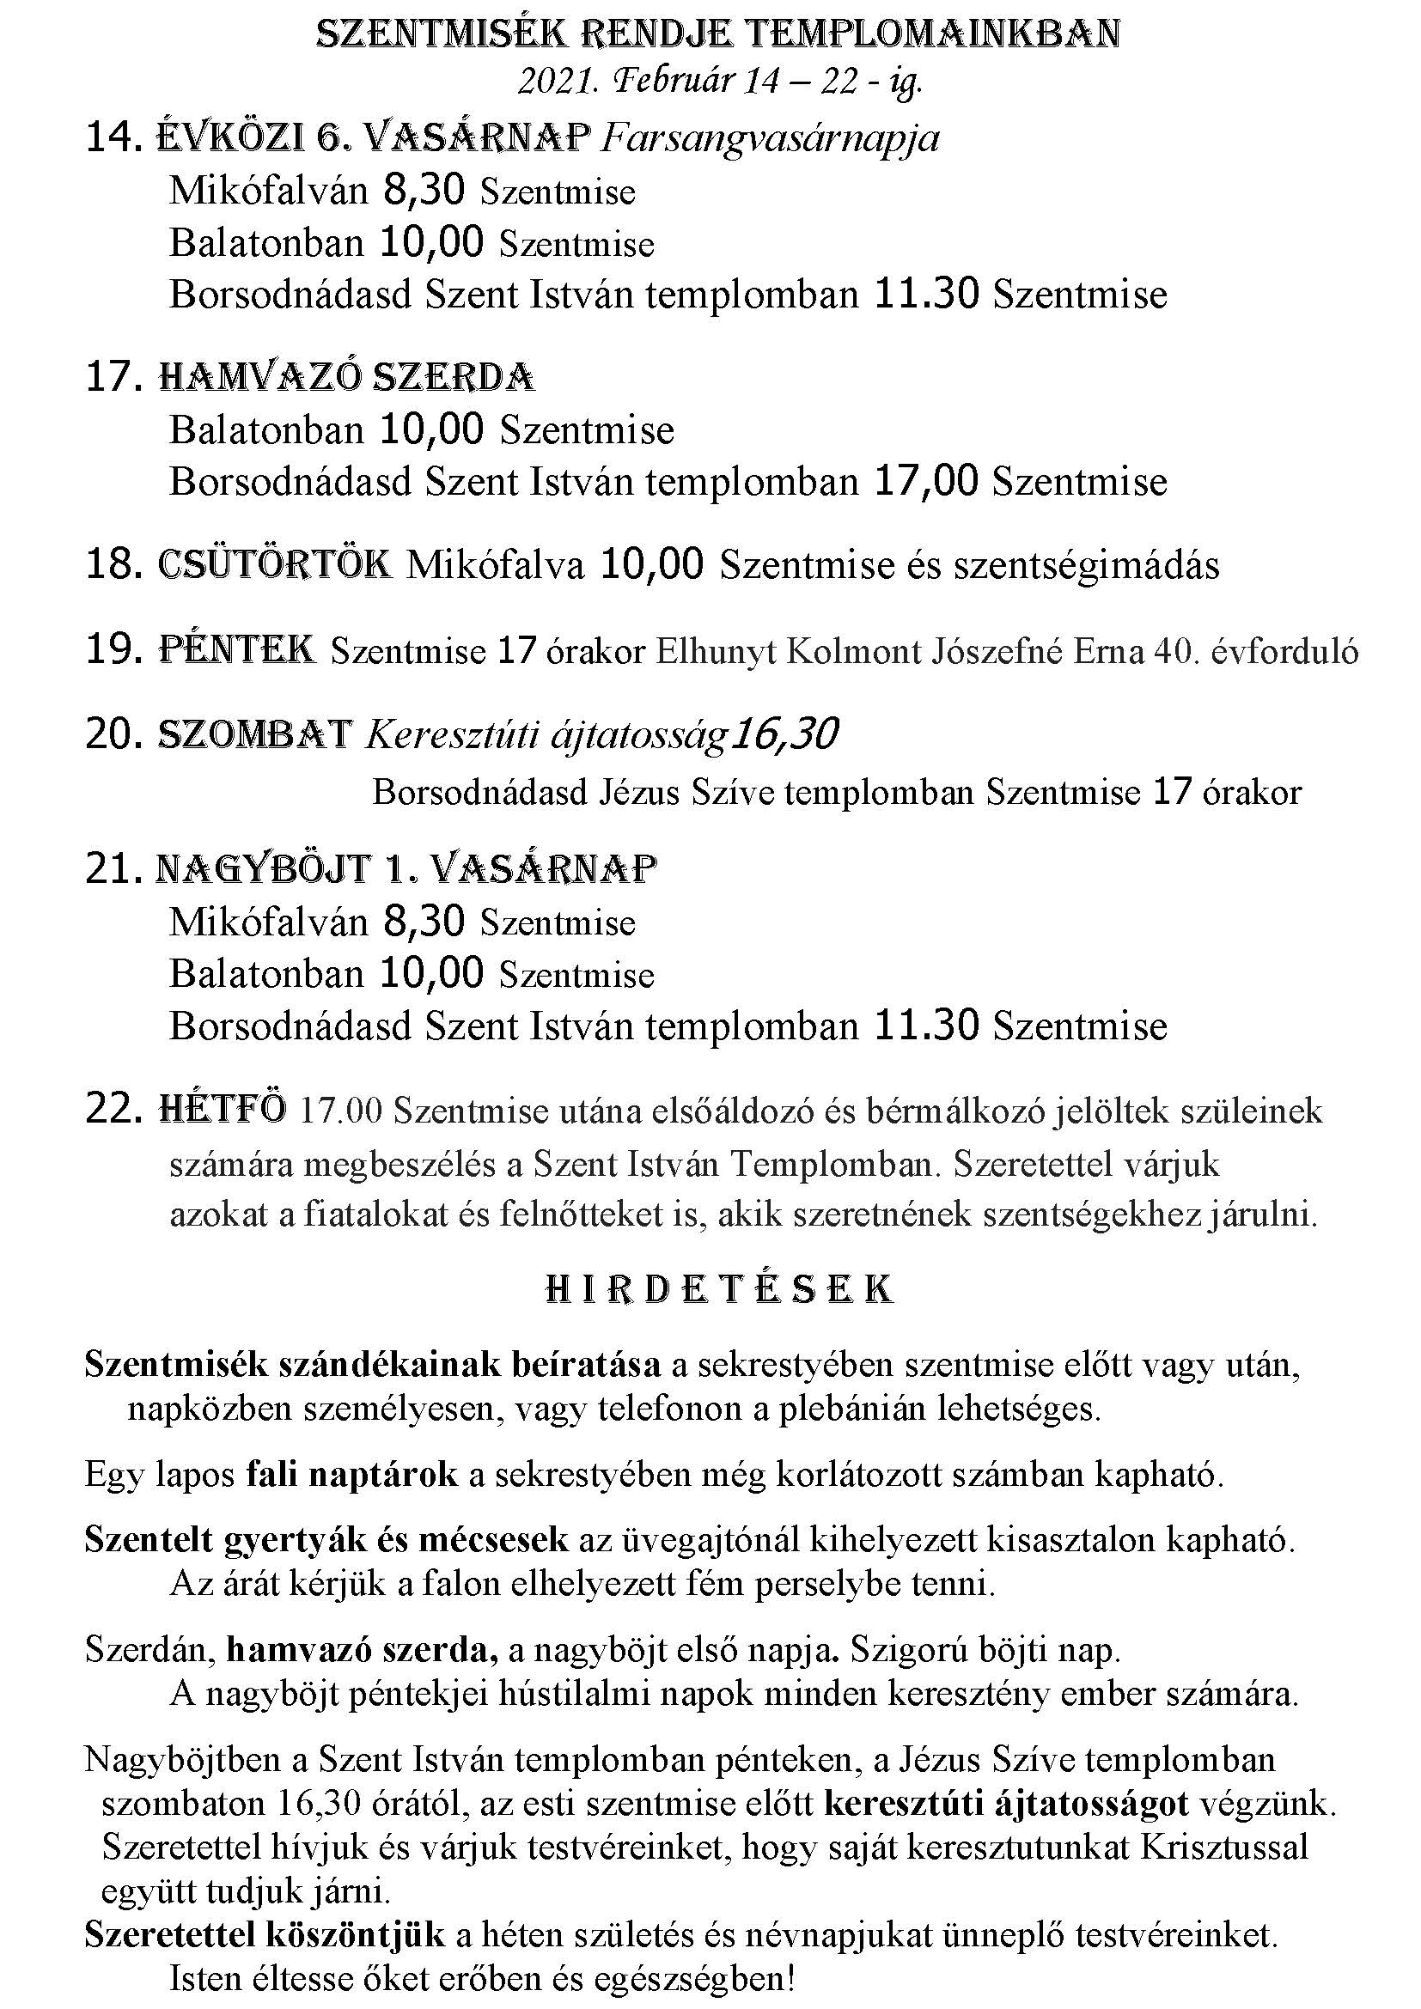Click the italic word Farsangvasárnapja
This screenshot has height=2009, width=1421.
pos(770,139)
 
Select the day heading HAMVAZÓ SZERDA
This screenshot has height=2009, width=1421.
pos(346,377)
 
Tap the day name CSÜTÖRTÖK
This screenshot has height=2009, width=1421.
pos(275,565)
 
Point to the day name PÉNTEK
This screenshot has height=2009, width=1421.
pos(237,650)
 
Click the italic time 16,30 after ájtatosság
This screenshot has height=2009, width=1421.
pos(785,734)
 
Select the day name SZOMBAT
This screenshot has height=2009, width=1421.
pos(254,735)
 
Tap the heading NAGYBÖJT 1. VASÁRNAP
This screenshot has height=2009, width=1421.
pos(406,869)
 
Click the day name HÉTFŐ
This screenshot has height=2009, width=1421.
pos(223,1111)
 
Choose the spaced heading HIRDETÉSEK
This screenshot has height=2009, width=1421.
pos(719,1290)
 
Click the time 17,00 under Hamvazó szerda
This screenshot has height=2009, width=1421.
pos(926,481)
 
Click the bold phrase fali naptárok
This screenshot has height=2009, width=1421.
pos(351,1475)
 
